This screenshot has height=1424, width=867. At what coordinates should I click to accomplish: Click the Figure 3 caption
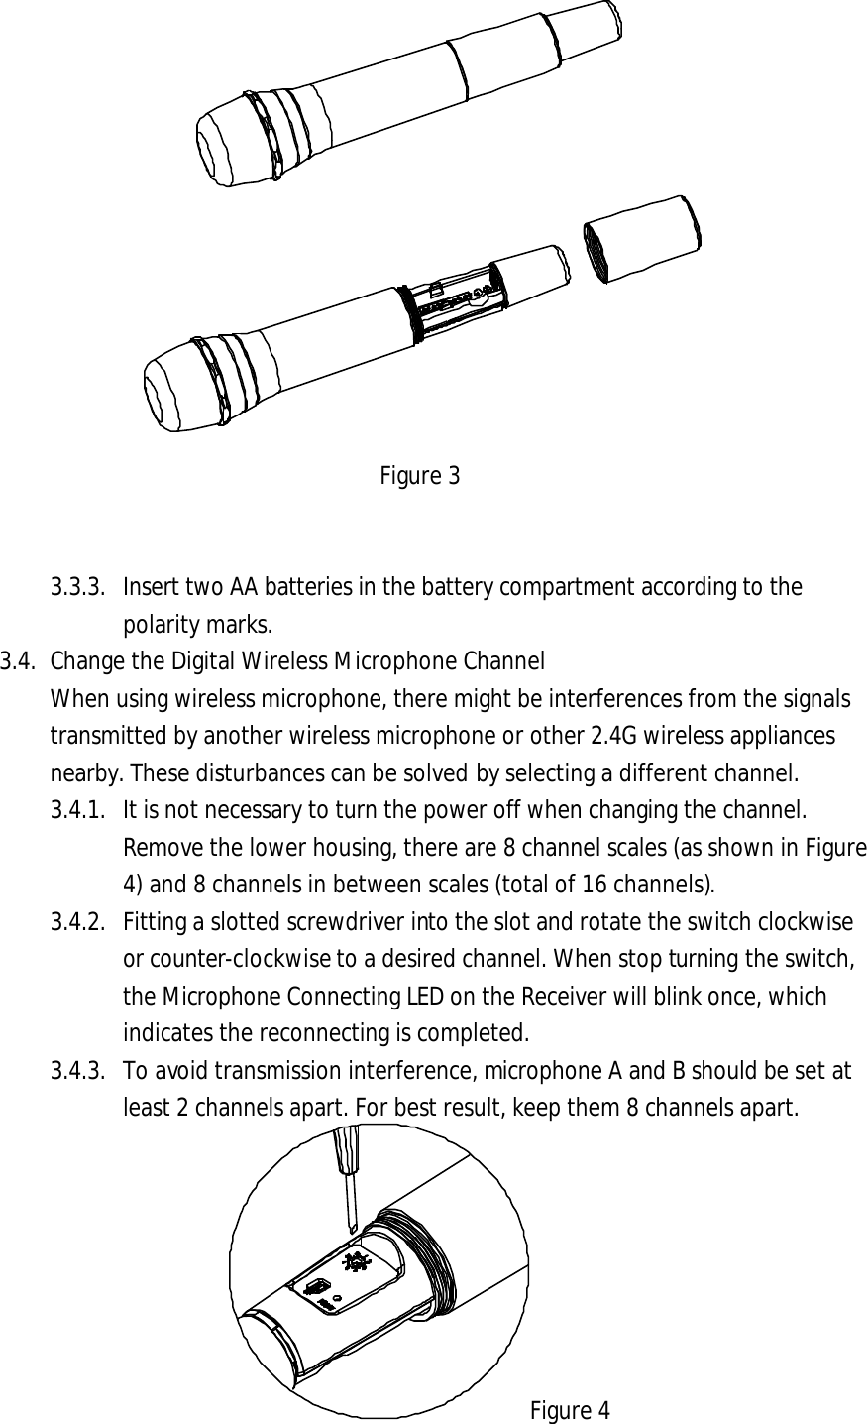tap(419, 476)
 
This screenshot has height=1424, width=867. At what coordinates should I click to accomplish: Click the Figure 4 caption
tap(570, 1409)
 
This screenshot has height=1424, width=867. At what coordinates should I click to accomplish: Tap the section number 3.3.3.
tap(79, 587)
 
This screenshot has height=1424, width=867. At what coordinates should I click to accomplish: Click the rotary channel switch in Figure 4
tap(355, 1262)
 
